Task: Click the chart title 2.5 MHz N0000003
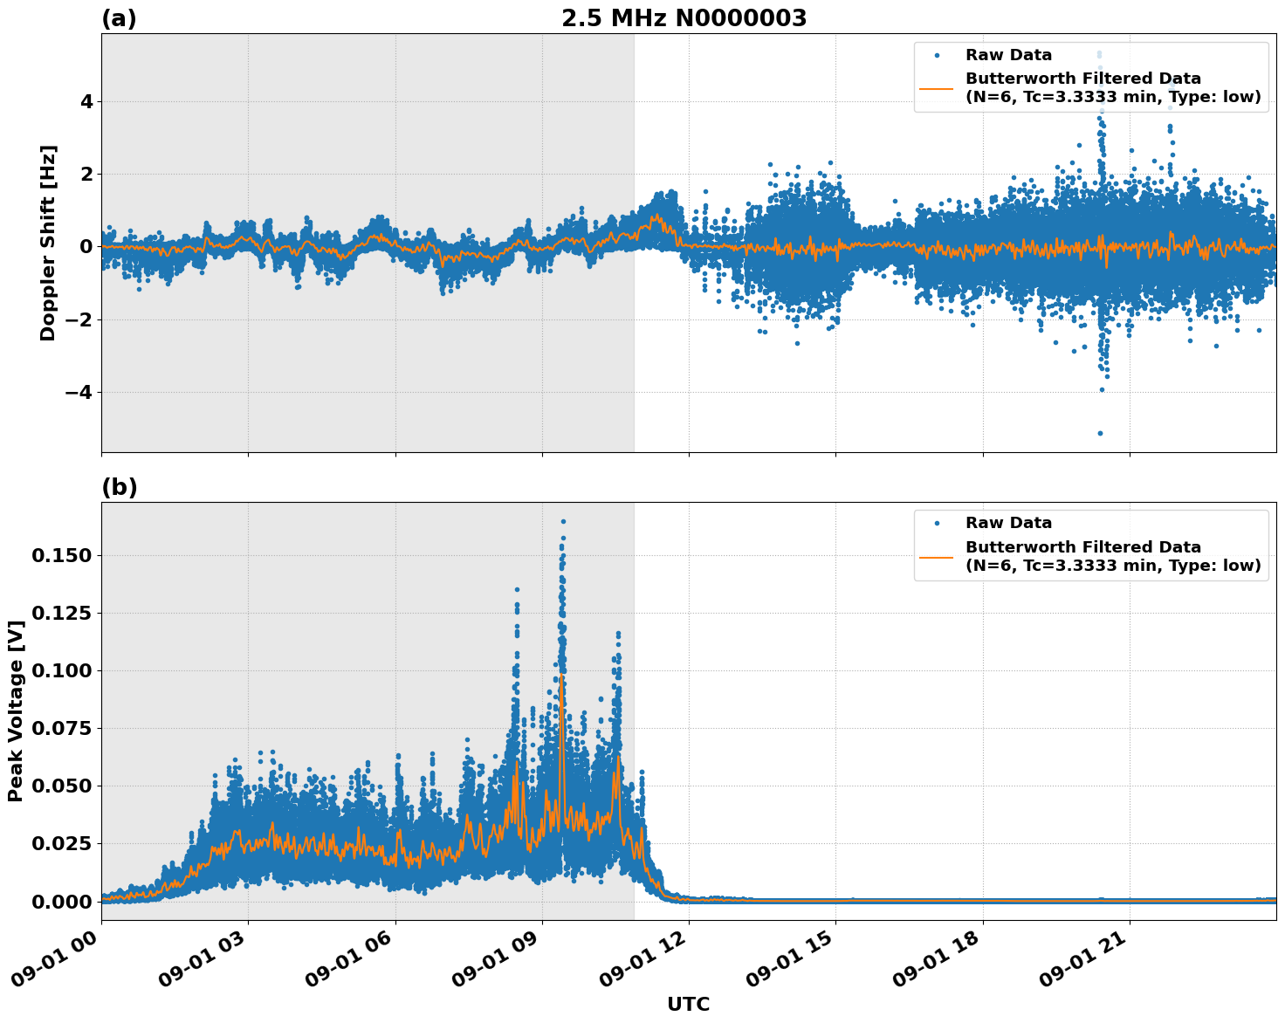pos(684,18)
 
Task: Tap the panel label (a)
pos(119,18)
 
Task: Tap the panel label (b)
pos(119,487)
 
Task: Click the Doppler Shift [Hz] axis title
pos(48,243)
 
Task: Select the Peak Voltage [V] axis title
pos(15,711)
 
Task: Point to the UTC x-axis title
pos(688,1004)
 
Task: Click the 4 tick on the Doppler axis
pos(86,102)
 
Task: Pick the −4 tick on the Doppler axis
pos(79,393)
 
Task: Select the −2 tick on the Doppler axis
pos(79,320)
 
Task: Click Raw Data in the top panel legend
pos(1008,55)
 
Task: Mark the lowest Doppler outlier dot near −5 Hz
pos(1100,433)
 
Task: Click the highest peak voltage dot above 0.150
pos(563,521)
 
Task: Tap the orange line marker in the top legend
pos(937,88)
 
